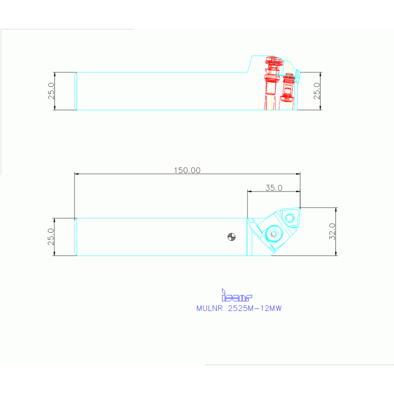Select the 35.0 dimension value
[x=273, y=187]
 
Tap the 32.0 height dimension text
[x=332, y=231]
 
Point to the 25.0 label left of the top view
[x=51, y=91]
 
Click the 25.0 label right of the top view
[x=316, y=91]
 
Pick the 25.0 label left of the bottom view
[x=51, y=237]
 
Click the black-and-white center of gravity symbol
[x=232, y=237]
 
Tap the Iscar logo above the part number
[x=237, y=296]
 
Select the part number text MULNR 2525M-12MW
[x=239, y=309]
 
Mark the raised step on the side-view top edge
[x=249, y=64]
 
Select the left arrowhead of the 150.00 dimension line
[x=77, y=175]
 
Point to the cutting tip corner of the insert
[x=301, y=208]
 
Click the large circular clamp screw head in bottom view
[x=273, y=234]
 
